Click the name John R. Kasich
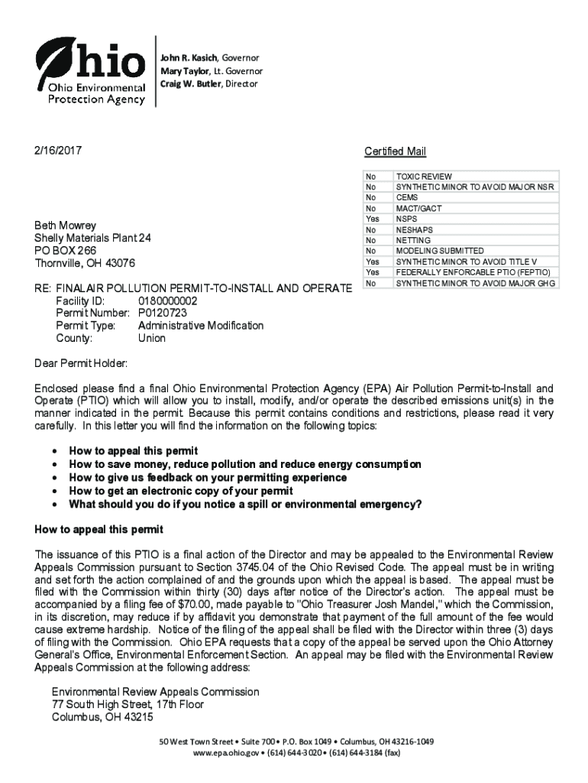pyautogui.click(x=188, y=58)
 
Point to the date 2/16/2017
pyautogui.click(x=58, y=150)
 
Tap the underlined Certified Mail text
pyautogui.click(x=395, y=151)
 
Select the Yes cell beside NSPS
pyautogui.click(x=373, y=219)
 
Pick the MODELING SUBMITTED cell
pyautogui.click(x=439, y=251)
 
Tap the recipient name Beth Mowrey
pyautogui.click(x=66, y=226)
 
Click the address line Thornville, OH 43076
pyautogui.click(x=85, y=263)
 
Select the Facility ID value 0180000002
pyautogui.click(x=167, y=301)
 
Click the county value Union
pyautogui.click(x=151, y=338)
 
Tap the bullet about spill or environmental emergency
pyautogui.click(x=244, y=504)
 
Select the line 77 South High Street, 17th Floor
pyautogui.click(x=128, y=704)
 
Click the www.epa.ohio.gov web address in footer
pyautogui.click(x=227, y=752)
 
